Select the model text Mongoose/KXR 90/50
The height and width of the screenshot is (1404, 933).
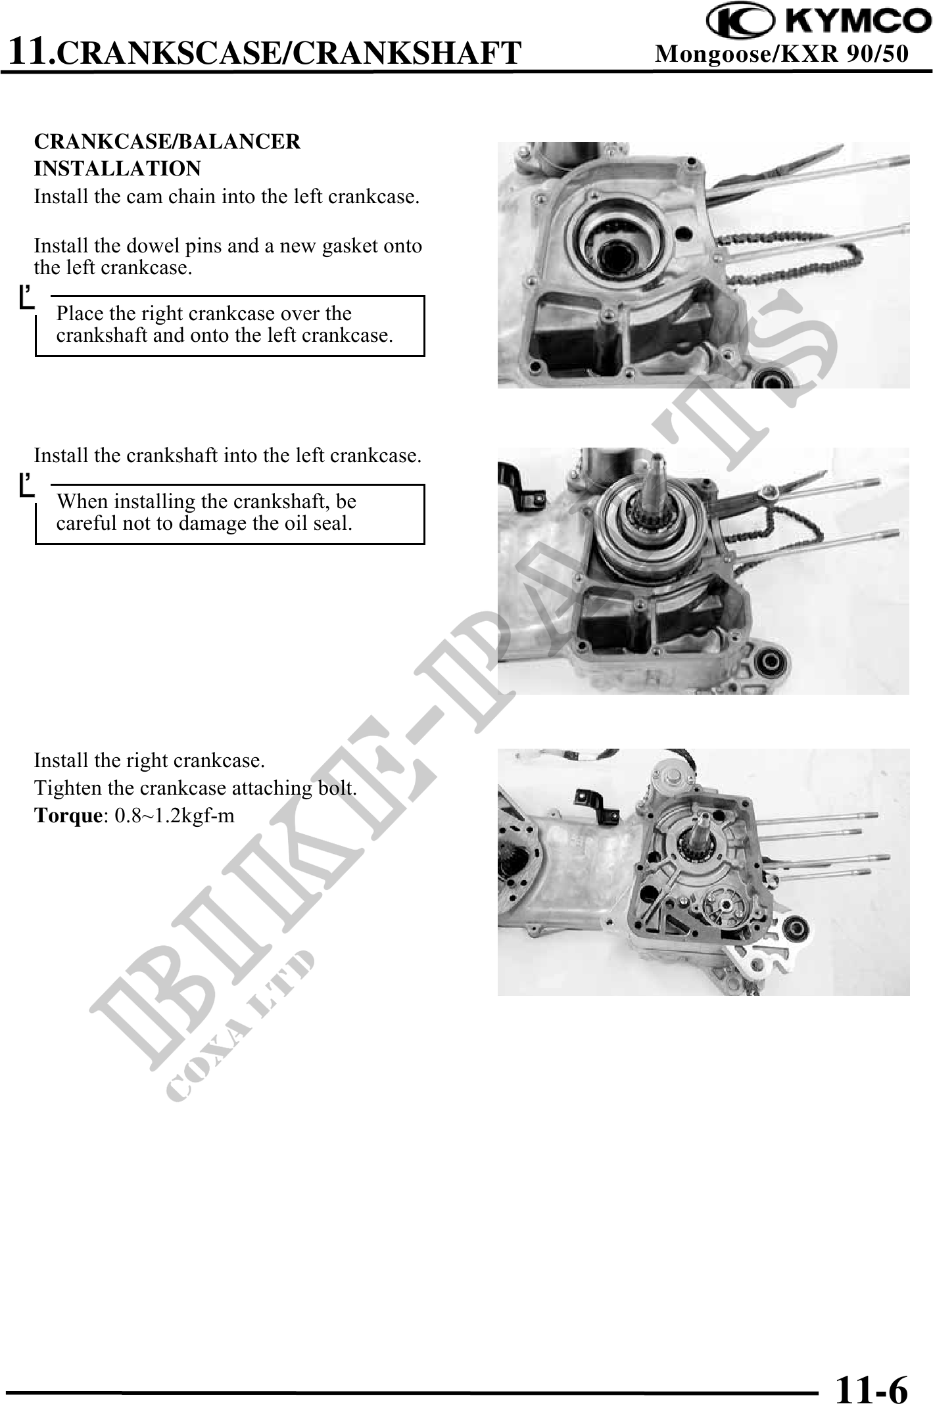[x=782, y=53]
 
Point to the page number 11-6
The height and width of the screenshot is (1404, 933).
[x=871, y=1372]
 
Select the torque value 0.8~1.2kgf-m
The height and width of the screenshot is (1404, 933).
[x=174, y=816]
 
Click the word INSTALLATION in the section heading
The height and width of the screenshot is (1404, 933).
[x=118, y=169]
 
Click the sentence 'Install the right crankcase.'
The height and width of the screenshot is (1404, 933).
[x=149, y=761]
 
